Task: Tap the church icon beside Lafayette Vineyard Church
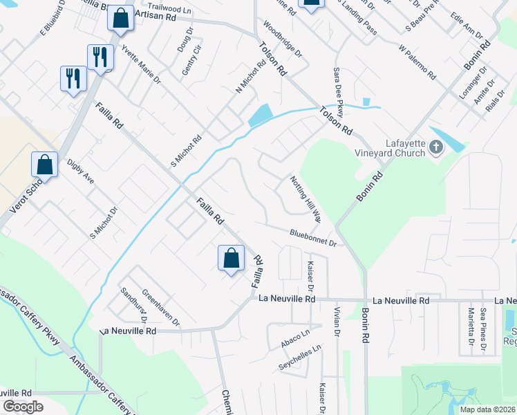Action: [435, 147]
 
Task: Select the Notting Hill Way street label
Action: [305, 199]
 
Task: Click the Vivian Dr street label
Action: [337, 322]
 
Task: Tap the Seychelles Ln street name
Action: [301, 360]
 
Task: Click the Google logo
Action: [23, 407]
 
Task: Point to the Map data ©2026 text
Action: [487, 409]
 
